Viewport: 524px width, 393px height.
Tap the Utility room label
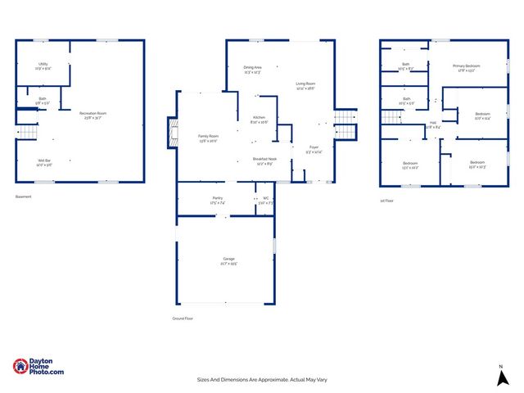(x=43, y=64)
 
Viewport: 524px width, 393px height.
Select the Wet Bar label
(x=43, y=161)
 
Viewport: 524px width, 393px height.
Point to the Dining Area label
(x=252, y=67)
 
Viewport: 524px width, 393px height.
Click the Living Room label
(x=306, y=84)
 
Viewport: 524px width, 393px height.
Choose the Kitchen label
(x=259, y=118)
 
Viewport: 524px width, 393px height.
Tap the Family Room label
(x=208, y=136)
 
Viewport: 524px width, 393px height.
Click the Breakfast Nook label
(x=264, y=159)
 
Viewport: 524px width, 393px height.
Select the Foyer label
(x=314, y=147)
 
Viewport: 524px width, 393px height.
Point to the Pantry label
(x=217, y=197)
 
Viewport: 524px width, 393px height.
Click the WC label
(x=265, y=197)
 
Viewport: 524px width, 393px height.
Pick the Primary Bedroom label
(x=467, y=65)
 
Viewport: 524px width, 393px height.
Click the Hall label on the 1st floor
(x=432, y=123)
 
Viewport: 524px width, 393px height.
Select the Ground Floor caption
(x=182, y=318)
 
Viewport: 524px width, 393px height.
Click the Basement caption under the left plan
(x=23, y=196)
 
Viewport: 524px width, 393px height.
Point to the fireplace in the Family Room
(x=172, y=133)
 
